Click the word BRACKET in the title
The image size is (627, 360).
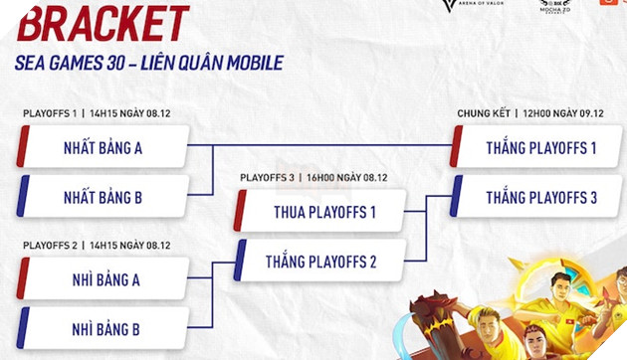pyautogui.click(x=103, y=23)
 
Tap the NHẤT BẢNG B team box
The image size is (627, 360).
pyautogui.click(x=104, y=197)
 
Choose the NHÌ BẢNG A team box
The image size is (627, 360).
pyautogui.click(x=104, y=280)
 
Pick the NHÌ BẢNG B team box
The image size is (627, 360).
pyautogui.click(x=104, y=326)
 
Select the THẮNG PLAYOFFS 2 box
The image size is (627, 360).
pyautogui.click(x=321, y=263)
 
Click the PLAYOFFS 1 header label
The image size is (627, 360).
pyautogui.click(x=49, y=114)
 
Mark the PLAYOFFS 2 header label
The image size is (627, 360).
pyautogui.click(x=49, y=244)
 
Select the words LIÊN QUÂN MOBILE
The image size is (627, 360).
pyautogui.click(x=218, y=64)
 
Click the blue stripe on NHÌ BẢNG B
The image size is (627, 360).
pyautogui.click(x=21, y=326)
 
